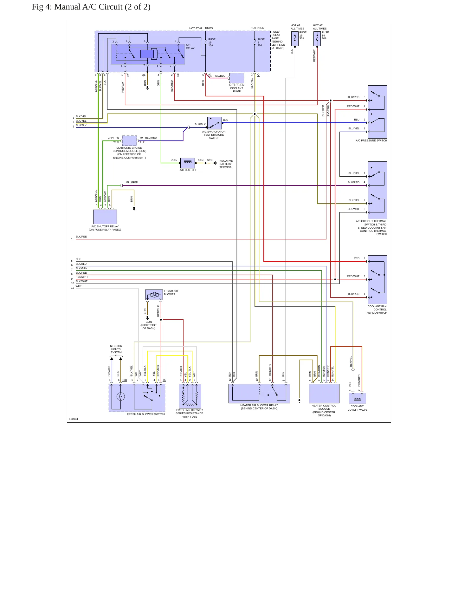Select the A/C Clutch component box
point(187,163)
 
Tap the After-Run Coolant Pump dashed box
point(236,78)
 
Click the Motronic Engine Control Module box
point(129,141)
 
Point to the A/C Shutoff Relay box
point(105,217)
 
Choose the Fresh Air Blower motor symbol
point(154,295)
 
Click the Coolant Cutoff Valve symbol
point(357,398)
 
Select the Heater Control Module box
point(324,394)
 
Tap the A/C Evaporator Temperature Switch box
point(215,123)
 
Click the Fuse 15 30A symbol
point(295,38)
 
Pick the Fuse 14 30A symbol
point(317,38)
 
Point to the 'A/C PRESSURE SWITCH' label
point(371,140)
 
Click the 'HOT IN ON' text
point(257,28)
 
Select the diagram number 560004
point(74,419)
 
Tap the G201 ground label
point(149,322)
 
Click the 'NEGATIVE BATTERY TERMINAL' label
point(226,164)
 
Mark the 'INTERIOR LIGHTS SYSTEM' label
point(116,349)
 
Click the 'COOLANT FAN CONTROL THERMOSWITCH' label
point(376,310)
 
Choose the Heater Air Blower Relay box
point(259,394)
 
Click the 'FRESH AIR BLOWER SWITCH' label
point(146,414)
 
